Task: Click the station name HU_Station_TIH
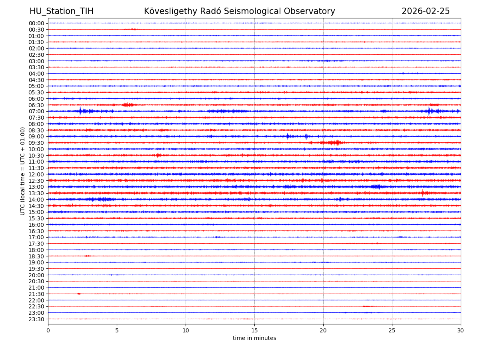[61, 12]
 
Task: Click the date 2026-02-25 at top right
[426, 12]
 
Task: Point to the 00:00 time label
[36, 23]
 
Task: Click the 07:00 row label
[36, 111]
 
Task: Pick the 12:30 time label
[36, 181]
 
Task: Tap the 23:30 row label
[36, 319]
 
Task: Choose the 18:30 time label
[36, 256]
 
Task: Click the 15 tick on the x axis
[254, 330]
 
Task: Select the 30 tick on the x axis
[461, 330]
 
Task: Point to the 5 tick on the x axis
[117, 330]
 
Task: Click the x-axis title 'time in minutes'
[254, 338]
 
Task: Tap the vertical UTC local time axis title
[23, 171]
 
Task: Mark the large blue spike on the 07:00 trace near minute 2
[80, 111]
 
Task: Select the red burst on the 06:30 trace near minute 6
[128, 105]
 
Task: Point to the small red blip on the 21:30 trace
[79, 294]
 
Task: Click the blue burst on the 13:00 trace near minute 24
[376, 187]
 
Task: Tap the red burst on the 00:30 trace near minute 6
[130, 29]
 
